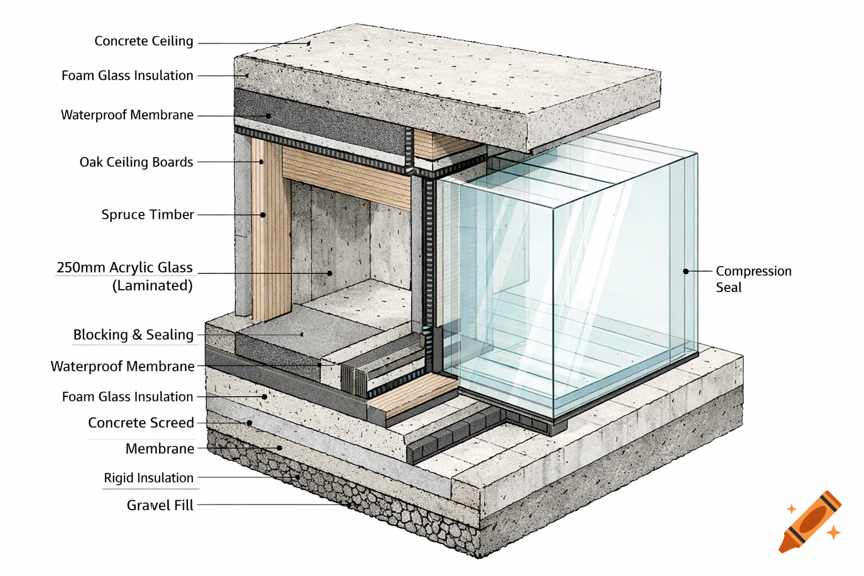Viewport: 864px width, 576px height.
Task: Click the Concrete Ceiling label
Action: pos(143,41)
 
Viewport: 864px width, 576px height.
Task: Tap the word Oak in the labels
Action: pos(91,162)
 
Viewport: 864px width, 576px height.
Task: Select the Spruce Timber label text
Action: pos(147,214)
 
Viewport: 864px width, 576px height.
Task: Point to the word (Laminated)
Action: pos(152,286)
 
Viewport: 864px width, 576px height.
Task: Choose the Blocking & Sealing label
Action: pos(133,335)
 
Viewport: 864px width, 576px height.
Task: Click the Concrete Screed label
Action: pos(141,422)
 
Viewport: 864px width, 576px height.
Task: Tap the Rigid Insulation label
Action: pos(148,478)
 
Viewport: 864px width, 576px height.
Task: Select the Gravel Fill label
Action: pos(160,505)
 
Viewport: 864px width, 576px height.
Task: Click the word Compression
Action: pos(753,271)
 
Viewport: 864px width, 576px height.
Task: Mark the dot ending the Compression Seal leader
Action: pos(686,271)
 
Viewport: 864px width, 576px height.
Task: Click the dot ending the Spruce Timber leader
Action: pos(263,215)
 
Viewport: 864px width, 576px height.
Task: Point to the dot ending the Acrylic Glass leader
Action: pos(330,273)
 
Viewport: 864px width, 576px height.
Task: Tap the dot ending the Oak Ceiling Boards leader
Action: pos(262,162)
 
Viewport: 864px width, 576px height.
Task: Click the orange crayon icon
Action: pos(811,521)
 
